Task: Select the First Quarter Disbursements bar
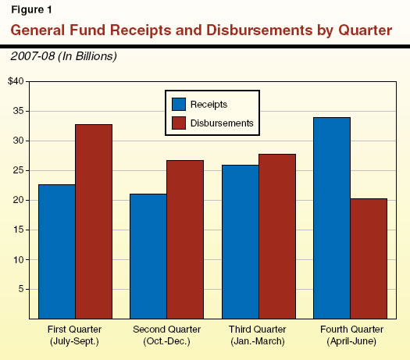[x=94, y=221]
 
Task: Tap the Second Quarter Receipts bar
[x=148, y=256]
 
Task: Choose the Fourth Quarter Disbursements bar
[x=368, y=258]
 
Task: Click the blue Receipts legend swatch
[x=179, y=103]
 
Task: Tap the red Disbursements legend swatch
[x=179, y=123]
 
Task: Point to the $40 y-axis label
[x=16, y=81]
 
